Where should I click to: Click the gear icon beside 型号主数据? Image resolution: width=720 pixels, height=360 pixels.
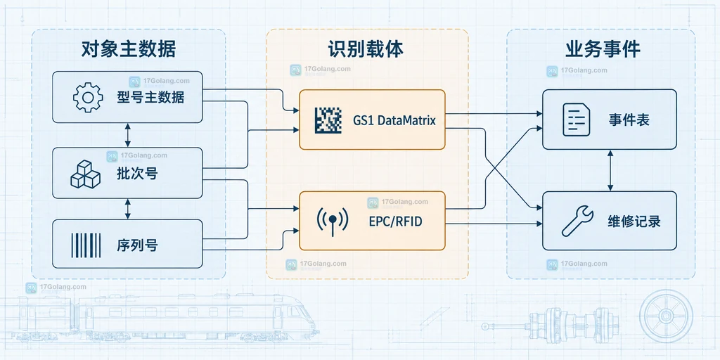click(x=88, y=97)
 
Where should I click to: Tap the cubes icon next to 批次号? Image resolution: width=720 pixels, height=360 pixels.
click(x=85, y=174)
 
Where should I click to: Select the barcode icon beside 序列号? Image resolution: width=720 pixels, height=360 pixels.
click(x=86, y=245)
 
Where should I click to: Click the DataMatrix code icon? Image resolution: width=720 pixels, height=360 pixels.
click(x=328, y=120)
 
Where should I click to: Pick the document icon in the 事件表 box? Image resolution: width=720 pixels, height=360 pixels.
click(x=577, y=120)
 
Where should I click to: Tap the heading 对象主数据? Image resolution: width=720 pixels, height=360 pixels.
click(x=129, y=49)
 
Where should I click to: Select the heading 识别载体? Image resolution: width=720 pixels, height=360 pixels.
click(x=366, y=49)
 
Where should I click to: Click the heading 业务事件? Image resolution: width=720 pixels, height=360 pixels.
click(x=603, y=49)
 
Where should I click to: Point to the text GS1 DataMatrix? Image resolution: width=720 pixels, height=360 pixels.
click(x=394, y=121)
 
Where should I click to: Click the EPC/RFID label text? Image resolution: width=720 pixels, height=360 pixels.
click(x=395, y=221)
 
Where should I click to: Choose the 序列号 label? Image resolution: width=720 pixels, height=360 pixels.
click(x=137, y=245)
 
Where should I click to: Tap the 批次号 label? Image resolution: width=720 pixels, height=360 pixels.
click(x=137, y=174)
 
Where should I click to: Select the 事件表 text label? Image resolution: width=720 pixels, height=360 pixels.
click(x=629, y=120)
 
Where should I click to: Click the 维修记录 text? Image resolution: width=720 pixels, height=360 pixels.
click(x=634, y=221)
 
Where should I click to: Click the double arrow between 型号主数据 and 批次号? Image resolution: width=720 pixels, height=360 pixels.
click(x=128, y=135)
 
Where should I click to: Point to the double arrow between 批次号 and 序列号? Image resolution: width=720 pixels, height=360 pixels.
click(x=128, y=209)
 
